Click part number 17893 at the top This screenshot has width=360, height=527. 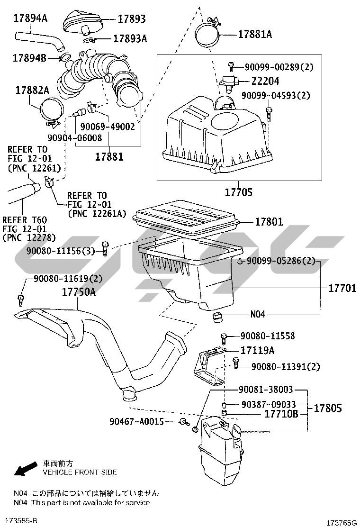click(x=131, y=19)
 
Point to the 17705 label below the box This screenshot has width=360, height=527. click(x=238, y=192)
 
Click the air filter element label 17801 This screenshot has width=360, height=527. click(x=269, y=221)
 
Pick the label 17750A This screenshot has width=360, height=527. click(x=79, y=292)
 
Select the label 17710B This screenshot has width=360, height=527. click(x=281, y=414)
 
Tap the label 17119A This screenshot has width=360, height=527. click(x=258, y=351)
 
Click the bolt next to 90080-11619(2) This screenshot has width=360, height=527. click(x=20, y=299)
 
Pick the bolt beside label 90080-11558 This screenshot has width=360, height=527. click(x=225, y=338)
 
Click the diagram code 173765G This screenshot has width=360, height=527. click(x=342, y=522)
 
